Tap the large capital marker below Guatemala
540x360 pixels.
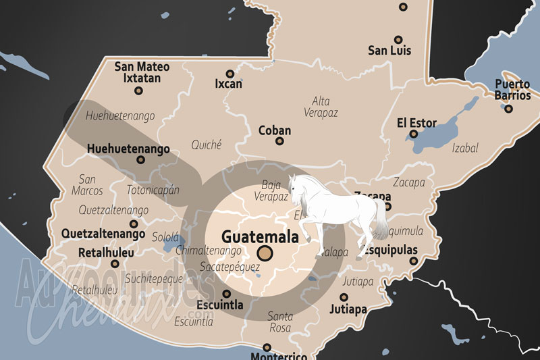click(265, 254)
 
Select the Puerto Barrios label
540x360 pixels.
click(512, 90)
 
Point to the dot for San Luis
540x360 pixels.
click(398, 39)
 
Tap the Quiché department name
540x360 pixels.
click(207, 144)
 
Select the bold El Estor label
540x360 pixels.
click(416, 123)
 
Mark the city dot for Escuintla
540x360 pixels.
click(226, 294)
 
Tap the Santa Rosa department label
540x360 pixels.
click(280, 322)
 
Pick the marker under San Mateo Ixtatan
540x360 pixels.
click(139, 90)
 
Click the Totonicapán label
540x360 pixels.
click(153, 190)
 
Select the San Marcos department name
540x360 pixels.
click(87, 185)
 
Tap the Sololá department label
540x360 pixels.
click(163, 238)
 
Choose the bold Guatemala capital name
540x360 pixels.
click(260, 238)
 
